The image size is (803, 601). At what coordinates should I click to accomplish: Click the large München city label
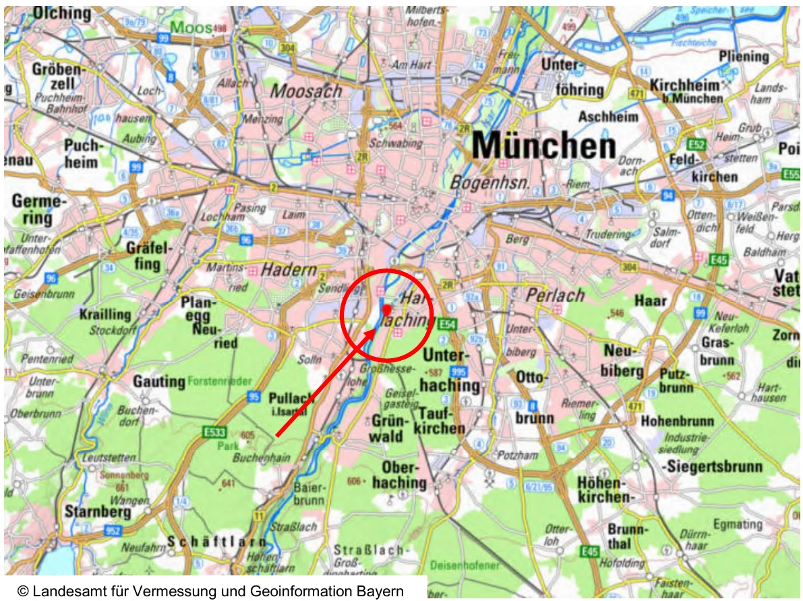[543, 146]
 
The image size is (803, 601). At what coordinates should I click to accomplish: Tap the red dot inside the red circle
[386, 309]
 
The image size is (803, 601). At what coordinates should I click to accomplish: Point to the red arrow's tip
[378, 330]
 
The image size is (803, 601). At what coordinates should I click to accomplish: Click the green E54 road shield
[447, 325]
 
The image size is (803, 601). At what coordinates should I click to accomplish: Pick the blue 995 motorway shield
[458, 371]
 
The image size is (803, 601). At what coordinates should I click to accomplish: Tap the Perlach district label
[555, 295]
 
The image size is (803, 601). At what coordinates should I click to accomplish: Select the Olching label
[62, 13]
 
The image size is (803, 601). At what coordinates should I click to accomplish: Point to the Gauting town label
[159, 381]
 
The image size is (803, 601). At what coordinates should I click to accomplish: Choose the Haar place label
[651, 301]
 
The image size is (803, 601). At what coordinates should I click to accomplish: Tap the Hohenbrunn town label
[676, 421]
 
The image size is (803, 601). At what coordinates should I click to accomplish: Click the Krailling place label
[105, 314]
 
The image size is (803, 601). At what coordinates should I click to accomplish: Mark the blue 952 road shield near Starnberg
[113, 531]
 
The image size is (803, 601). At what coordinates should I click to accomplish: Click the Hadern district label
[289, 270]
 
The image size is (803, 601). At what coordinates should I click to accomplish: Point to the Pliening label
[744, 57]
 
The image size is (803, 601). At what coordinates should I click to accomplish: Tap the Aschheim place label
[607, 116]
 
